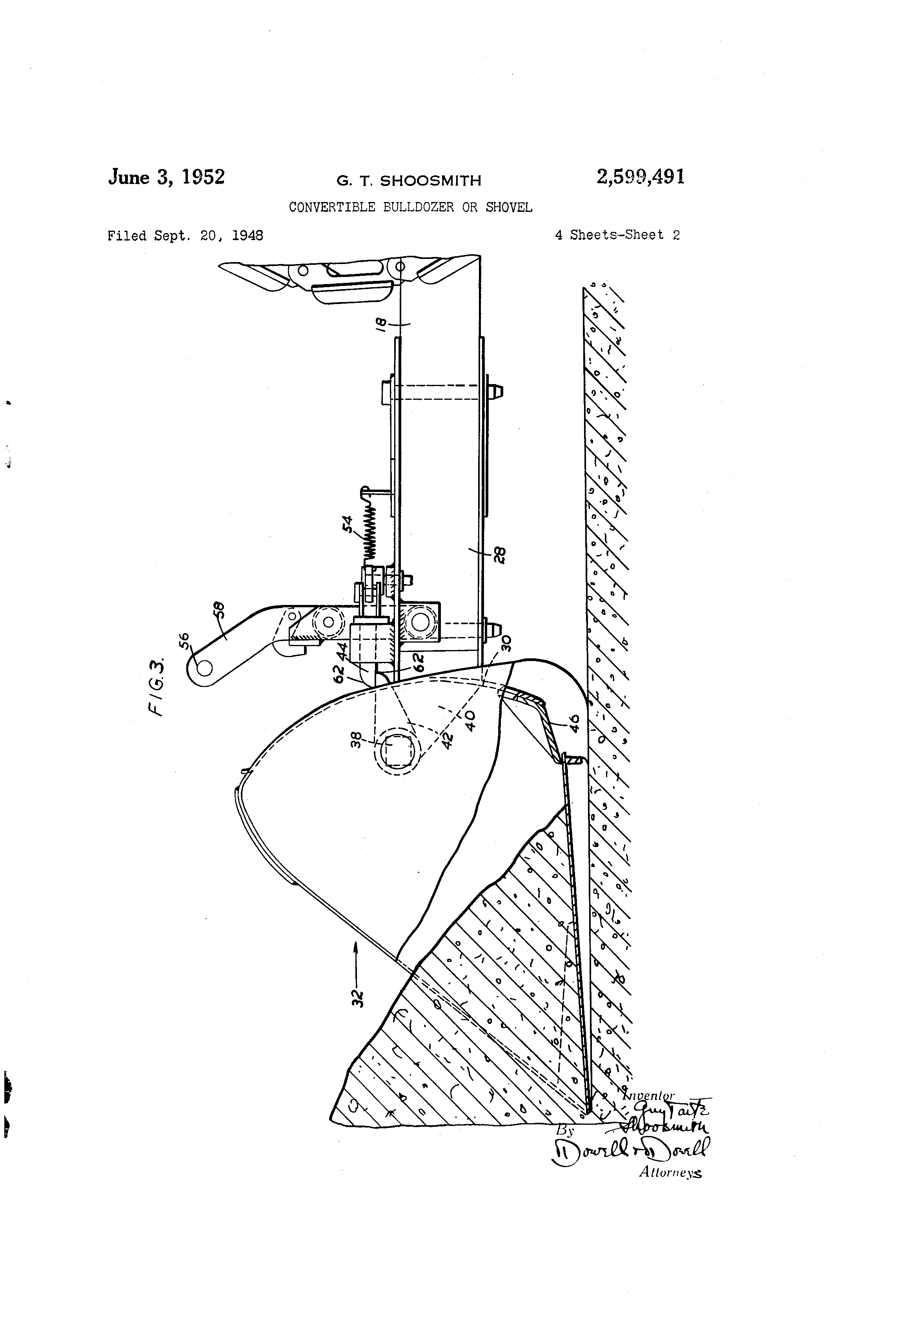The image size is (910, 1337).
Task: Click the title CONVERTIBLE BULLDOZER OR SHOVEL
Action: [410, 207]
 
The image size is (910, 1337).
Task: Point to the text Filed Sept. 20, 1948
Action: [185, 235]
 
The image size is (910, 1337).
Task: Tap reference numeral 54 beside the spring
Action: [349, 525]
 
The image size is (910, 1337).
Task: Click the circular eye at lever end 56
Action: [204, 667]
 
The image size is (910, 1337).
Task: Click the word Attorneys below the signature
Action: [670, 1173]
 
